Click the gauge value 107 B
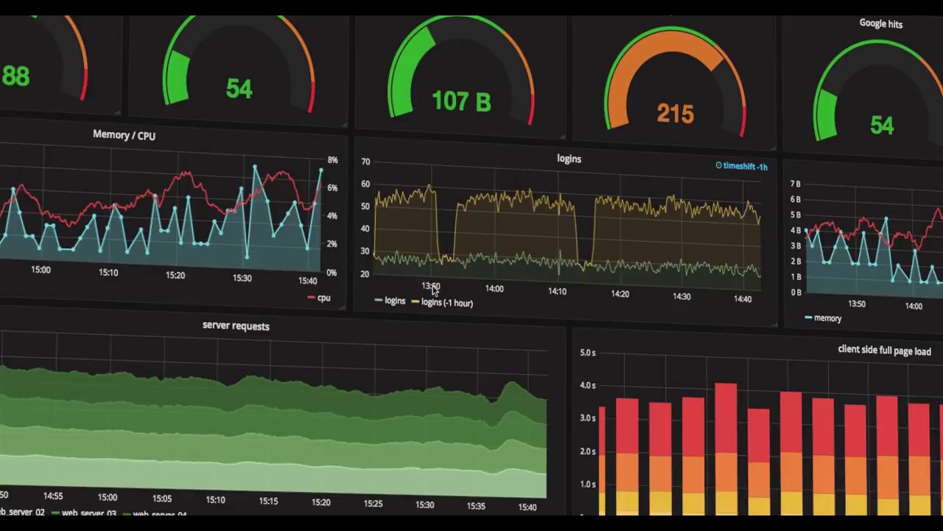tap(461, 102)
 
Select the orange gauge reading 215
tap(675, 114)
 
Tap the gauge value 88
tap(15, 76)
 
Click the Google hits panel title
tap(880, 24)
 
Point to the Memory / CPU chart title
tap(124, 135)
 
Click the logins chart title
tap(569, 159)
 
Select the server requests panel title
tap(236, 326)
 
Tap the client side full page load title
tap(884, 350)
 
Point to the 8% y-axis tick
tap(332, 160)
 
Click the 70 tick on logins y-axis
tap(365, 162)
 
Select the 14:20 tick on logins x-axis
tap(620, 294)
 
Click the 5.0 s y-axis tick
tap(587, 353)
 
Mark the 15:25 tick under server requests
tap(373, 504)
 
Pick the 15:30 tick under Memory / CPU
tap(242, 278)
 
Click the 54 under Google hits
tap(882, 125)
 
